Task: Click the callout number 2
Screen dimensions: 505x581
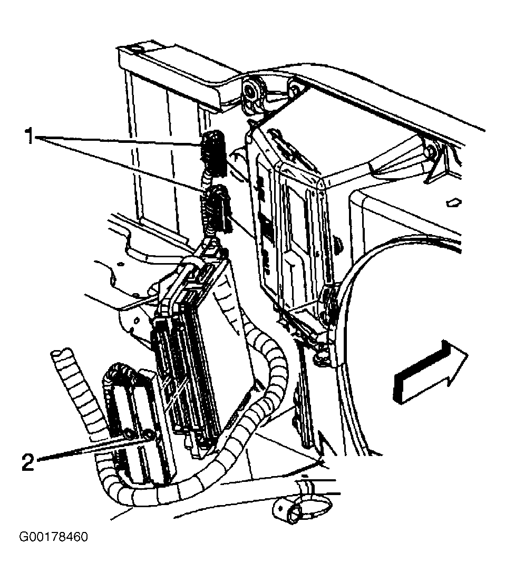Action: pyautogui.click(x=28, y=462)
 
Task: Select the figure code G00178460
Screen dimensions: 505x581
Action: pyautogui.click(x=54, y=537)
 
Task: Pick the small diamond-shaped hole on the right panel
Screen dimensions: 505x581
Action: pyautogui.click(x=453, y=202)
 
